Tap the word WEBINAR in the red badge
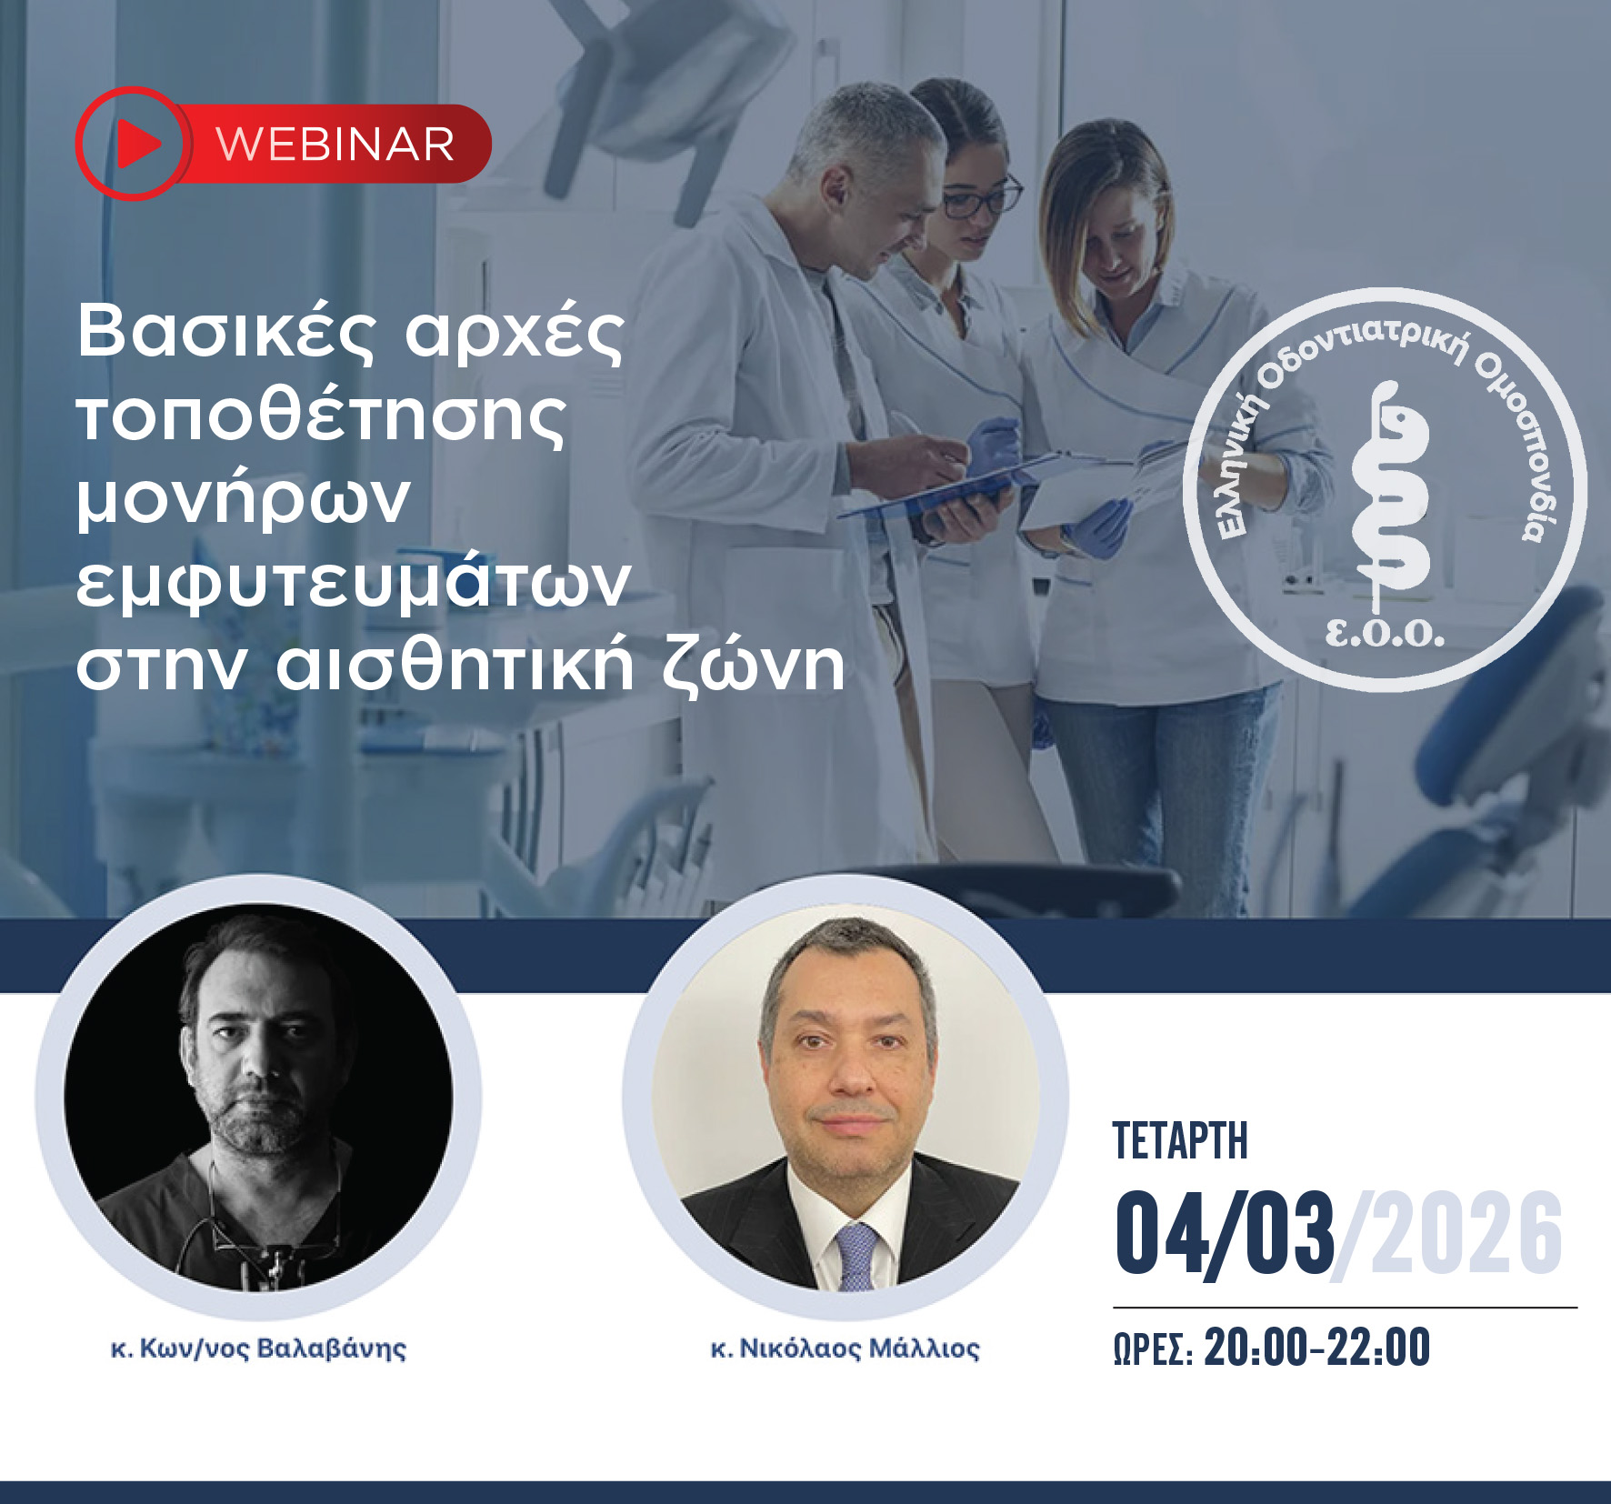[335, 145]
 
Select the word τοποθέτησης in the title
[321, 416]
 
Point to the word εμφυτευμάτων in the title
[353, 583]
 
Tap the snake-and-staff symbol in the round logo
[1388, 496]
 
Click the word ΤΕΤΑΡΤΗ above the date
[1180, 1141]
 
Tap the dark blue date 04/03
[1225, 1234]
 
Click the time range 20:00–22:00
[1317, 1348]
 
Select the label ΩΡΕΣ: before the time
[1153, 1349]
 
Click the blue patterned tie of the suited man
[856, 1256]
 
